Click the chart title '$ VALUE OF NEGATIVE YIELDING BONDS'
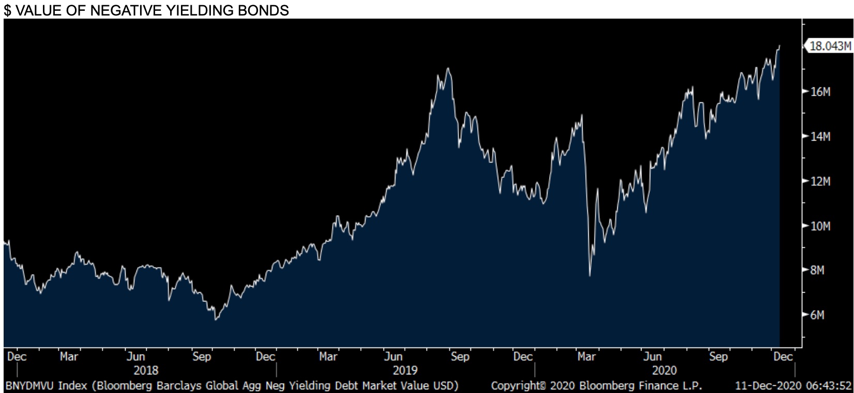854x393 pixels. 147,10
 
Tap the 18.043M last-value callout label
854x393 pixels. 829,46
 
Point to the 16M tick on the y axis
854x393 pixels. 820,92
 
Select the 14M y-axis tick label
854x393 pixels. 820,137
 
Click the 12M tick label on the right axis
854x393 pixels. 820,182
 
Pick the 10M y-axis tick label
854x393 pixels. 820,226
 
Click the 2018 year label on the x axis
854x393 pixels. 146,370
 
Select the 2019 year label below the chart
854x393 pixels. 405,370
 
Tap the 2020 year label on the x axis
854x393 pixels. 664,370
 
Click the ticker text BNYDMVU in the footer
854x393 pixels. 29,386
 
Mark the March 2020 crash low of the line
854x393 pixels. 590,276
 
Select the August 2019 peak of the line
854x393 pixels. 448,68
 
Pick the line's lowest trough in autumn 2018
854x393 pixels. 216,320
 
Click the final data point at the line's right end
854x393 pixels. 780,46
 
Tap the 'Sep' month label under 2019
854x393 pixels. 460,357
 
